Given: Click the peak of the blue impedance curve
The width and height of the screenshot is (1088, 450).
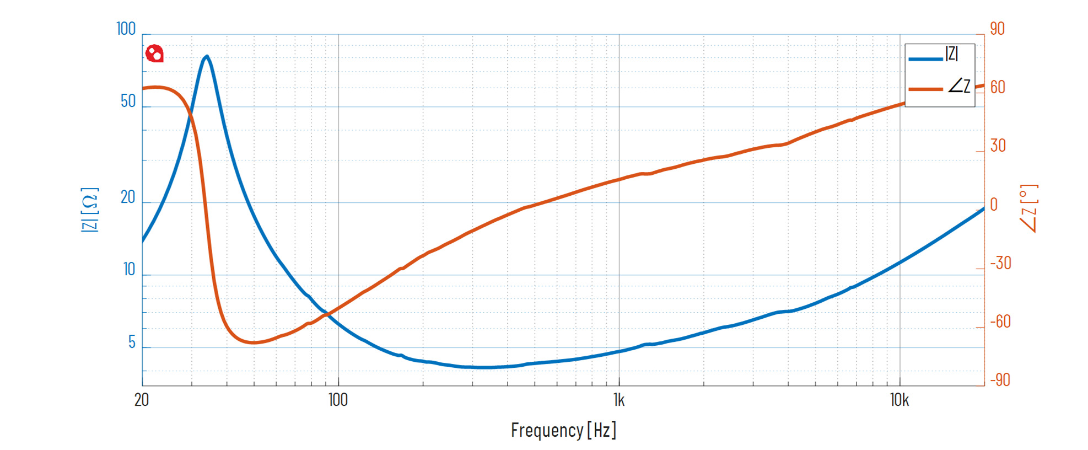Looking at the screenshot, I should [207, 56].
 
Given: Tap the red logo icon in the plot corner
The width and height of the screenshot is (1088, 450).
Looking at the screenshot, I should [154, 53].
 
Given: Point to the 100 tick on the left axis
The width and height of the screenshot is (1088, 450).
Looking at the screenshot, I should [126, 29].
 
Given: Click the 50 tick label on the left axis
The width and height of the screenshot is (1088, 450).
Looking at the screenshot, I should [128, 101].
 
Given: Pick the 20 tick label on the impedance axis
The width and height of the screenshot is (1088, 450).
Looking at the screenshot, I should [128, 197].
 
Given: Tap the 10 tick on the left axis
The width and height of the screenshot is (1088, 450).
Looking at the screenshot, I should [129, 269].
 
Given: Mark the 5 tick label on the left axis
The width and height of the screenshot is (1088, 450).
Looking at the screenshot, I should [132, 342].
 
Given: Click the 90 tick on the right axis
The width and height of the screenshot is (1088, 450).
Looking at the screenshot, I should [997, 29].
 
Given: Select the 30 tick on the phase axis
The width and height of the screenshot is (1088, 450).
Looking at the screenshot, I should [998, 146].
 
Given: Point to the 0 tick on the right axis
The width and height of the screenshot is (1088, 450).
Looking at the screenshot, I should [994, 205].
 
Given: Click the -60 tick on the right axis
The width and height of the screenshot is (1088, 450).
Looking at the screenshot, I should [1000, 322].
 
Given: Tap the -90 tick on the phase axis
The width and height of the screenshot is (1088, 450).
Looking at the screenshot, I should [1000, 380].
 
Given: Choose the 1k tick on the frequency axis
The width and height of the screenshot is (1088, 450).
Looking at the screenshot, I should [619, 400].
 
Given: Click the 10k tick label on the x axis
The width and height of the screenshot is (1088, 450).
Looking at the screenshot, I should [899, 400].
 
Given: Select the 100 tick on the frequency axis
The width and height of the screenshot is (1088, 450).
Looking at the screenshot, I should [338, 400].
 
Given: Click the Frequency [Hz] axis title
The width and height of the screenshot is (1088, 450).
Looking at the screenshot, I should [563, 430].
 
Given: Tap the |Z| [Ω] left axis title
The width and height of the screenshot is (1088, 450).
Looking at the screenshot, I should [90, 210].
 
